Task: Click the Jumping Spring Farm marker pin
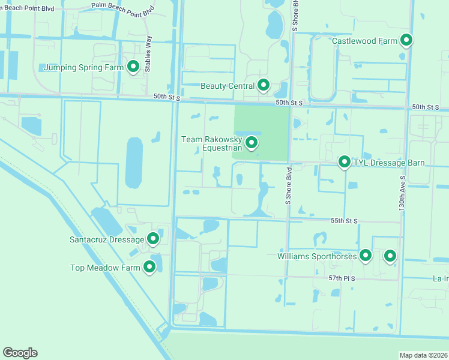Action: (x=133, y=67)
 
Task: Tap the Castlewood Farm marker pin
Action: (x=406, y=40)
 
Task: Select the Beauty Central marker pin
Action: (x=263, y=85)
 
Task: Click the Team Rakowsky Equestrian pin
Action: (x=252, y=143)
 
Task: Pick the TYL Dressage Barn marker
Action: (x=345, y=162)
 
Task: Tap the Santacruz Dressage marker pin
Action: (x=153, y=239)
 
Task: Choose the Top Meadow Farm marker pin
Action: (x=149, y=267)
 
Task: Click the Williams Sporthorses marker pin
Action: (x=366, y=256)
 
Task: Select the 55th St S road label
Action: (x=344, y=221)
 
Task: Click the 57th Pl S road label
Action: (x=343, y=278)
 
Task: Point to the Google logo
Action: (x=20, y=353)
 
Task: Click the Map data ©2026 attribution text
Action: (x=424, y=355)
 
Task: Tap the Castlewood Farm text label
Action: (x=365, y=41)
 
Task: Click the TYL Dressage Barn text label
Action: (x=389, y=163)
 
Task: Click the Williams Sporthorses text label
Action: (x=317, y=256)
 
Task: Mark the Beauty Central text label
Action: (x=228, y=86)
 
